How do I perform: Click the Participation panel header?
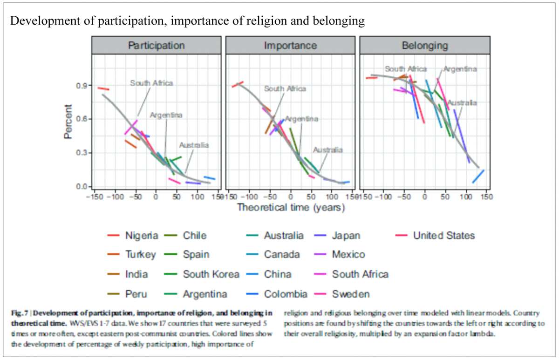tap(156, 46)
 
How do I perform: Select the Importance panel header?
tap(290, 46)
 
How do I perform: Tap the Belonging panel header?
tap(425, 46)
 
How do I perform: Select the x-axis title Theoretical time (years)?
tap(291, 207)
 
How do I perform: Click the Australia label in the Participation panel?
tap(194, 145)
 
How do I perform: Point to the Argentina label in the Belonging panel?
tap(460, 69)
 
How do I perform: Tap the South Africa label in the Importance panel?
tap(285, 88)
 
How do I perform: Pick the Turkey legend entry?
tap(141, 255)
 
